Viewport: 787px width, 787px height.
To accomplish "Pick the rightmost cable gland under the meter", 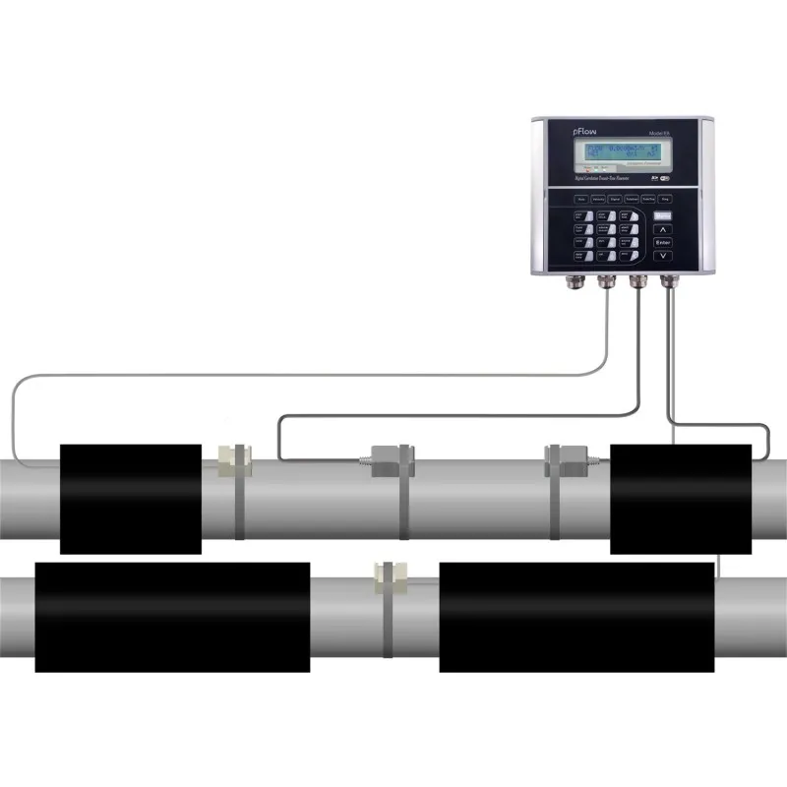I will point(669,282).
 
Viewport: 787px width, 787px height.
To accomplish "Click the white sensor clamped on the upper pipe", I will point(234,454).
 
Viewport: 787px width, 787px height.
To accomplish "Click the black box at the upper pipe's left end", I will point(131,498).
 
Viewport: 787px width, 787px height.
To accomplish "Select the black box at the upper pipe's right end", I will point(681,498).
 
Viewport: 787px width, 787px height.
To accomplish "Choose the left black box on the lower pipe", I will point(172,617).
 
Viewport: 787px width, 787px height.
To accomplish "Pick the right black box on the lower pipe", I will point(576,617).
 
